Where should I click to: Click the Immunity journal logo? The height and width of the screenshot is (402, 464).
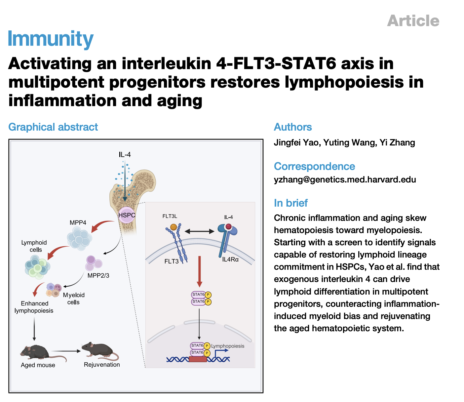51,39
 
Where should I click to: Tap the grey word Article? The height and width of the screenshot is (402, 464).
413,20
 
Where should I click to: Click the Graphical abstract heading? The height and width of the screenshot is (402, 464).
53,127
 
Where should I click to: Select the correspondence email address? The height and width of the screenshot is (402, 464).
345,180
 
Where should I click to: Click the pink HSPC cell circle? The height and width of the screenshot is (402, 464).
127,215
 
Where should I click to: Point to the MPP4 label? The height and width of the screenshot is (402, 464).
78,222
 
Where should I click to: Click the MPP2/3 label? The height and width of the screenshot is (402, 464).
98,276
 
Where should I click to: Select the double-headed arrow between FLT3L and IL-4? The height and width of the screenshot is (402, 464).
199,231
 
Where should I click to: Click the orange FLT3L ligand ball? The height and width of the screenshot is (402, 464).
174,227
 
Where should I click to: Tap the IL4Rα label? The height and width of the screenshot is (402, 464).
230,260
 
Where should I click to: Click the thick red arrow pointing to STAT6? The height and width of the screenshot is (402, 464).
199,271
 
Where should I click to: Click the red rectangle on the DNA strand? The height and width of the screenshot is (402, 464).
198,359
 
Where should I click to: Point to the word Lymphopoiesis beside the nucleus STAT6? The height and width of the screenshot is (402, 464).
228,346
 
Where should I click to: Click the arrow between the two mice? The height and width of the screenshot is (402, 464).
66,351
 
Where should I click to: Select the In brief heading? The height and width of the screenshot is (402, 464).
291,203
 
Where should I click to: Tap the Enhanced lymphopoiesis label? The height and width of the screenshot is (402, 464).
34,307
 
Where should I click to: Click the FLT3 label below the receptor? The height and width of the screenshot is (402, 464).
172,261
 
